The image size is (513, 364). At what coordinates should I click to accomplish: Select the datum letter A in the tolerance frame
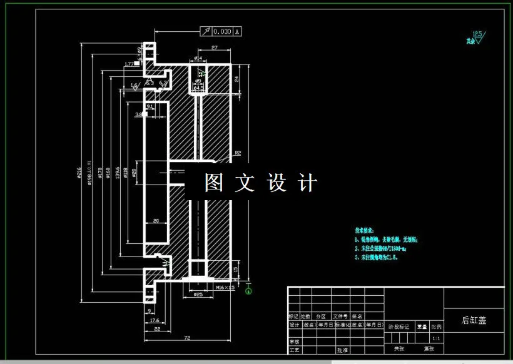(x=237, y=31)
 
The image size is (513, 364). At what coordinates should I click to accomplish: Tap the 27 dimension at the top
(x=214, y=48)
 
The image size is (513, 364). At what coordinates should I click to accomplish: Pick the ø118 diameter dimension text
(x=126, y=173)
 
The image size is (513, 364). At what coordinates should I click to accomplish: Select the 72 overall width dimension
(x=186, y=337)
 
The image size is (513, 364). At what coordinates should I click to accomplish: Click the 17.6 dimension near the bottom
(x=154, y=320)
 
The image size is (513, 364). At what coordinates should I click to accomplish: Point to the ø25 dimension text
(x=198, y=294)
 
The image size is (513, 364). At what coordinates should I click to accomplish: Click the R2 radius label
(x=238, y=153)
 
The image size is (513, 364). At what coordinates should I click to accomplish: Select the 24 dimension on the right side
(x=237, y=79)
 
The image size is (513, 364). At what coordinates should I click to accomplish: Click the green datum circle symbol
(x=249, y=288)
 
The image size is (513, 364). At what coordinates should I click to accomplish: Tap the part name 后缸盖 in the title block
(x=474, y=320)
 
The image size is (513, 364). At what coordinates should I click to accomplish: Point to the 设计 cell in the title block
(x=294, y=325)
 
